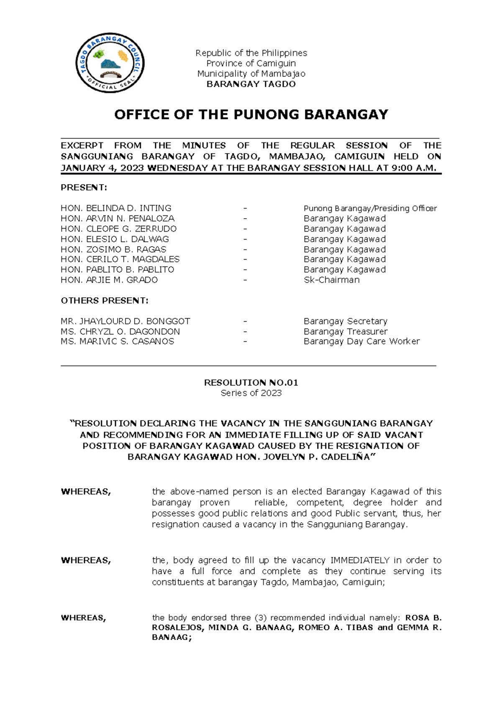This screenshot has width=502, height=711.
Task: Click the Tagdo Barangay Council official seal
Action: click(x=110, y=63)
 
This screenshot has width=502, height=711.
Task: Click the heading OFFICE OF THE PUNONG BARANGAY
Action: click(x=251, y=114)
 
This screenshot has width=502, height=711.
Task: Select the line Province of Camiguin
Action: click(x=251, y=63)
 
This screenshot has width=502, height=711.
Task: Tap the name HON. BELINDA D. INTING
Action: click(x=116, y=208)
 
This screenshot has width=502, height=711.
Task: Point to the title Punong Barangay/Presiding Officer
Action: click(x=370, y=208)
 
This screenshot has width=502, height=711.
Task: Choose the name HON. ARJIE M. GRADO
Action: click(x=109, y=280)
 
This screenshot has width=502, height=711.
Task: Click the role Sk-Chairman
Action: click(x=331, y=280)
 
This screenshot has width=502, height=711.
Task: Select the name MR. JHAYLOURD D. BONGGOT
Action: click(x=125, y=321)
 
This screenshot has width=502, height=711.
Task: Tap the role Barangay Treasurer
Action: click(x=346, y=331)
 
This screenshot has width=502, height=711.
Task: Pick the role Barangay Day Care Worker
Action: click(x=361, y=341)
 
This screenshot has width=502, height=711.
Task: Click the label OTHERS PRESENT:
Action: click(x=104, y=301)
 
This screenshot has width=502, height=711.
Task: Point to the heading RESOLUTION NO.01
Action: click(x=251, y=382)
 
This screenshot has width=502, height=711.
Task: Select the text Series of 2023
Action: click(x=251, y=393)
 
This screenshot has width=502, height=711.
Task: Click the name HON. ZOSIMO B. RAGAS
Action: click(x=113, y=249)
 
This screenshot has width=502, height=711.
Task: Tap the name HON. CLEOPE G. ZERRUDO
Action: click(x=118, y=229)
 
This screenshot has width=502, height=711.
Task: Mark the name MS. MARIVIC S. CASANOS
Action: click(x=117, y=341)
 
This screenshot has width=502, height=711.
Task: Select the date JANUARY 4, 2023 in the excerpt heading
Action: click(x=102, y=168)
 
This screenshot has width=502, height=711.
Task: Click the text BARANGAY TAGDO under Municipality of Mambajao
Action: click(x=251, y=84)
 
